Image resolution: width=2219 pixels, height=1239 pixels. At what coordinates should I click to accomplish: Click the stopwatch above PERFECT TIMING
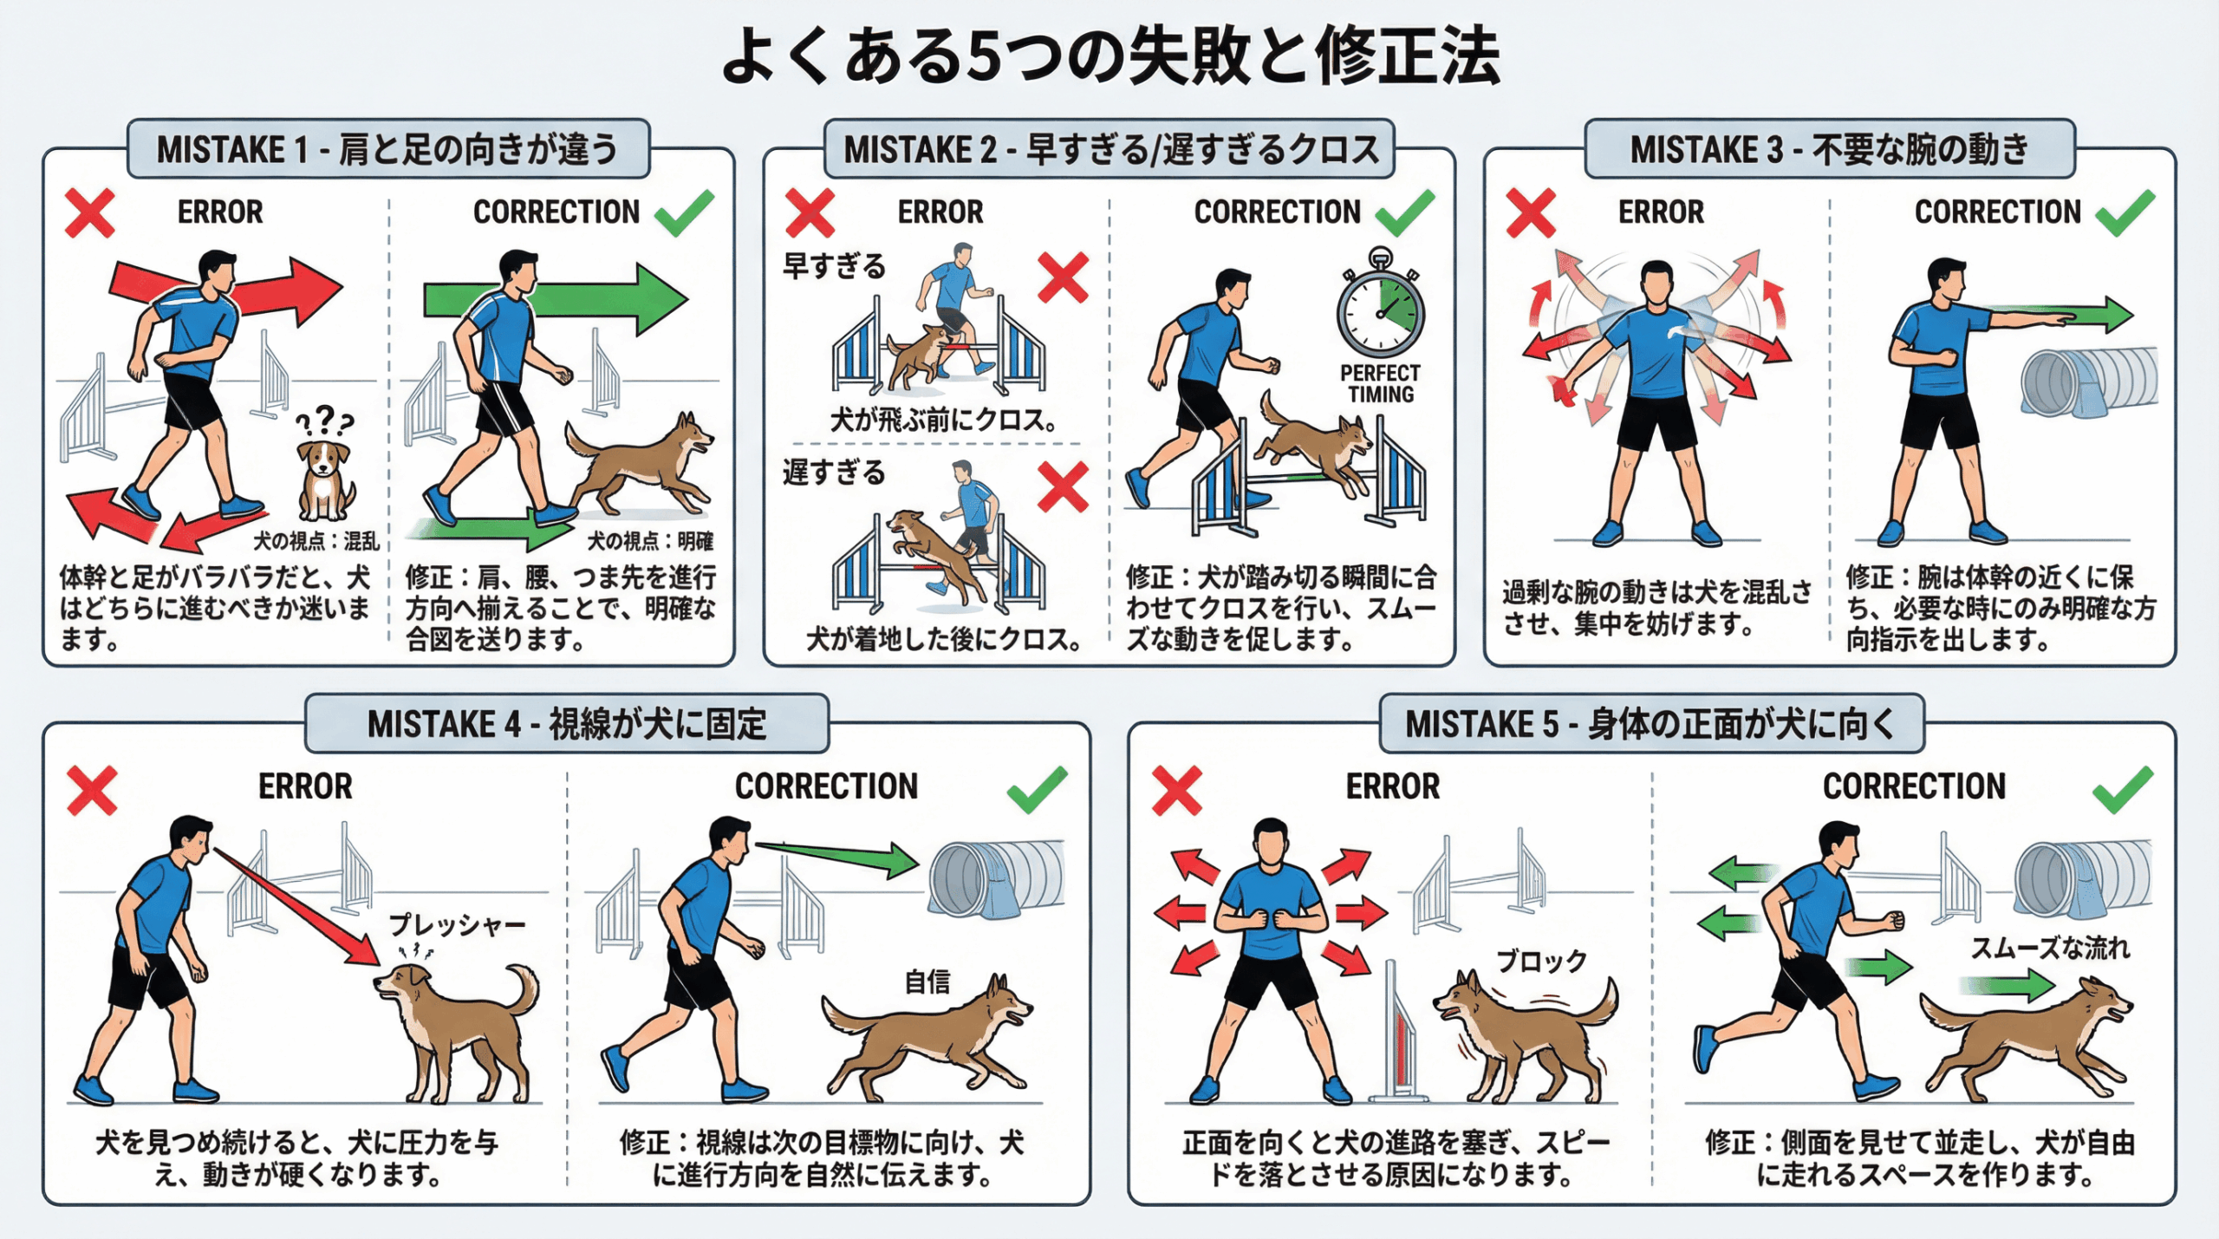pos(1381,303)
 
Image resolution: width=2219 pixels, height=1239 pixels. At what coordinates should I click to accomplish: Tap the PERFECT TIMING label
pos(1381,383)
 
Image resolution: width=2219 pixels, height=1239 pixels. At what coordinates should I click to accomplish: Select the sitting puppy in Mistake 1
pos(324,480)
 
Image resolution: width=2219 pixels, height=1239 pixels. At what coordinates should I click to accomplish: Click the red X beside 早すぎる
pos(1063,277)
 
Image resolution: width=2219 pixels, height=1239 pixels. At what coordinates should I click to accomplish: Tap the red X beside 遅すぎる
pos(1063,487)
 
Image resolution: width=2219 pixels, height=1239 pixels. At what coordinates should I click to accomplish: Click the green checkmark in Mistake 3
pos(2125,212)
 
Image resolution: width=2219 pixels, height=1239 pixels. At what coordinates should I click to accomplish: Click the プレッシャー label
pos(457,925)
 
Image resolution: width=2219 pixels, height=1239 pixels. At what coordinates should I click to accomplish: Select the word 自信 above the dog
pos(927,981)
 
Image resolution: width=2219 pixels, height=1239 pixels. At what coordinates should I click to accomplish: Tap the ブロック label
pos(1542,961)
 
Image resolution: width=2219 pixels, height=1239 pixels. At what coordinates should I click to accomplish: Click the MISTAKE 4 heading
pos(567,724)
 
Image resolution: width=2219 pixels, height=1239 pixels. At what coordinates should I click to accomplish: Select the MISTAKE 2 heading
pos(1111,149)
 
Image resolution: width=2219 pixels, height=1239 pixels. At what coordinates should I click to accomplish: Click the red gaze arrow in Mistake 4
pos(296,907)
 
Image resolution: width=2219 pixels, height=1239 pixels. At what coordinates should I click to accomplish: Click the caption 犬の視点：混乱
pos(316,541)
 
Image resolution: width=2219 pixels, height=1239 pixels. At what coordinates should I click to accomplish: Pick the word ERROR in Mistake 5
pos(1393,786)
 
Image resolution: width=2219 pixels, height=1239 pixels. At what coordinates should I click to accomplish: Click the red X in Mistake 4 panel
pos(92,791)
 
